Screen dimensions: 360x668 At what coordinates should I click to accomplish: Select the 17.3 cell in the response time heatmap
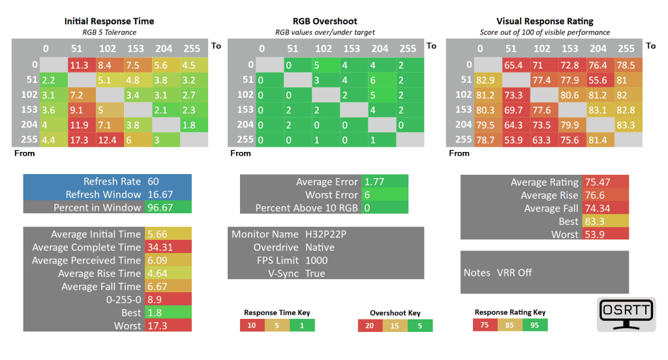[x=80, y=140]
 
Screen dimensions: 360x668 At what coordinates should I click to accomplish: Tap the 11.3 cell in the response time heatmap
[x=80, y=65]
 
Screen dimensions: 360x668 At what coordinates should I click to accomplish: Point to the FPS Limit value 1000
[x=316, y=260]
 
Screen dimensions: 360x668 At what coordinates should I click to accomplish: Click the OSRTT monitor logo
[x=626, y=315]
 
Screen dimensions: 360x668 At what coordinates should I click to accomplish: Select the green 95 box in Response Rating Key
[x=535, y=325]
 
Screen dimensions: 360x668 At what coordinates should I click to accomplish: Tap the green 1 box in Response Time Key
[x=302, y=325]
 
